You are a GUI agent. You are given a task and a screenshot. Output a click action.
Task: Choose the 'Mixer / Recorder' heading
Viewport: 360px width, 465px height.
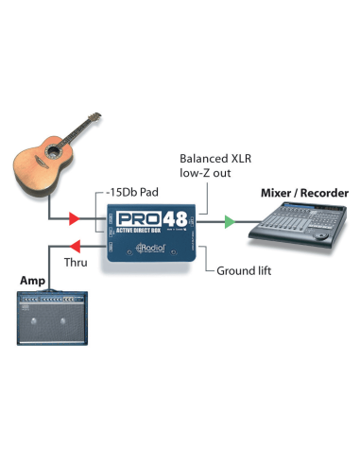304,194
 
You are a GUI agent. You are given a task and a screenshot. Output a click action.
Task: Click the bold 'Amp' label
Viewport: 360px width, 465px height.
32,282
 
